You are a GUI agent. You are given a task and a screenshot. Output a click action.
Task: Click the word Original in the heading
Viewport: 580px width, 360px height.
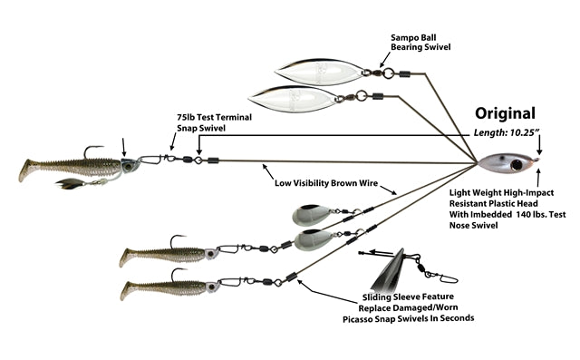(x=505, y=113)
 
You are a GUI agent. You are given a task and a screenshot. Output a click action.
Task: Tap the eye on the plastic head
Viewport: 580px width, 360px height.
(x=517, y=165)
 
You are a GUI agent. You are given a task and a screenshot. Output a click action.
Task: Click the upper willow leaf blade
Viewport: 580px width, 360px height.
(x=320, y=72)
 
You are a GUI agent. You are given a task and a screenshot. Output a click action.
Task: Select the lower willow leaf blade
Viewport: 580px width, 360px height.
(x=294, y=99)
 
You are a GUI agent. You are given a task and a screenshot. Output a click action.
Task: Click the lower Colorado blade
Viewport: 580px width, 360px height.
(x=314, y=239)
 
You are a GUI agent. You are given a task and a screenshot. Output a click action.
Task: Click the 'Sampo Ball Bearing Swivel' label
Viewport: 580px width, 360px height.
(x=420, y=43)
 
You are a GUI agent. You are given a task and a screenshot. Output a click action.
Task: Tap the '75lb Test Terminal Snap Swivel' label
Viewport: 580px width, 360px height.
(x=214, y=122)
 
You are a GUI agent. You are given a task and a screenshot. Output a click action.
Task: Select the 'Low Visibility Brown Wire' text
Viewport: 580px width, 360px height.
(x=326, y=183)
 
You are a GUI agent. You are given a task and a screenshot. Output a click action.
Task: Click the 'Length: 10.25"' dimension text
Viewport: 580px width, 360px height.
(x=505, y=132)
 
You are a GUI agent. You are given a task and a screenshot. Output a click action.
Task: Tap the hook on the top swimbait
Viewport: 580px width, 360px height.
(x=91, y=151)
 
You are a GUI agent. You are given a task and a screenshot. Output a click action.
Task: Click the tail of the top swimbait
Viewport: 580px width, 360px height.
(x=26, y=170)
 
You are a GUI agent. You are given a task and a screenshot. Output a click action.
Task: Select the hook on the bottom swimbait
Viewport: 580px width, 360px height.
(x=178, y=274)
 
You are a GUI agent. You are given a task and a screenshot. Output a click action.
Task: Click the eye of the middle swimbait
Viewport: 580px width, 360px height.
(x=210, y=254)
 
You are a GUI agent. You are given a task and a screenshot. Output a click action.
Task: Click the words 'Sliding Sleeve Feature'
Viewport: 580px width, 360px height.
(x=408, y=297)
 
